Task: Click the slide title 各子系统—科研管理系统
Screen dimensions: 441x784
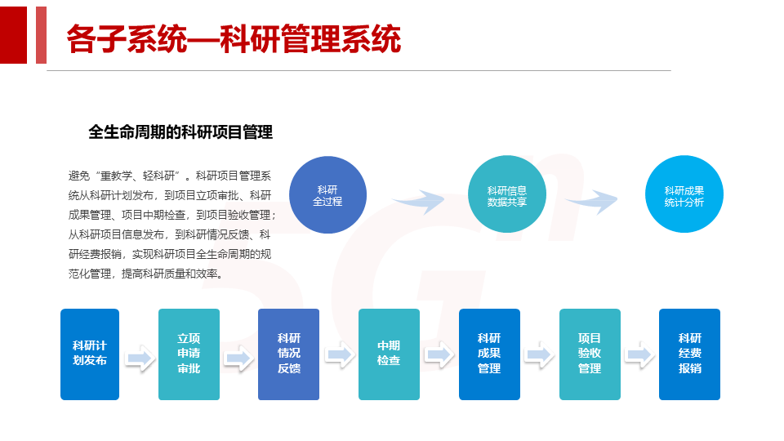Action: pos(234,38)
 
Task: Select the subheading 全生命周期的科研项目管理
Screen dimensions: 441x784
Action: pos(180,131)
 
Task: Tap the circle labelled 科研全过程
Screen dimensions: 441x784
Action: pos(327,194)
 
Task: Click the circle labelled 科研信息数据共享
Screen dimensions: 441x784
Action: pos(506,194)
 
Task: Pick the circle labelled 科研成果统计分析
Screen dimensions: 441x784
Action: pos(684,194)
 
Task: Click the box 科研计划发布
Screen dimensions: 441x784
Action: pos(90,354)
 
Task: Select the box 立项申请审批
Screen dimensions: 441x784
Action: pos(189,354)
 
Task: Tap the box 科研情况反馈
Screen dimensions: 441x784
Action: pos(288,354)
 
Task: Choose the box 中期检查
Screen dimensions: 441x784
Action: pos(389,354)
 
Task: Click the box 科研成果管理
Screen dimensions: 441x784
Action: pos(489,354)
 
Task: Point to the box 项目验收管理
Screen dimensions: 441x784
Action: pos(590,354)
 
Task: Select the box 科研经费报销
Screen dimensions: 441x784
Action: pos(689,354)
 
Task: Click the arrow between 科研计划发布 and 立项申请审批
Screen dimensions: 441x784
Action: pos(140,358)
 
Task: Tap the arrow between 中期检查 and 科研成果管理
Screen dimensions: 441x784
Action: pos(439,354)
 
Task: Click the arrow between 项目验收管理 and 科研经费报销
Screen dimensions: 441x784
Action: pos(639,354)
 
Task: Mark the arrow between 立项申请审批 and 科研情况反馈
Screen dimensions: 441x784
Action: pos(238,358)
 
